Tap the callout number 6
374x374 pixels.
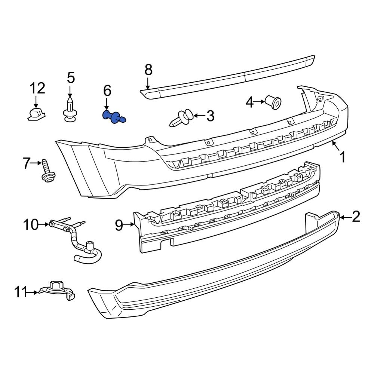tap(107, 90)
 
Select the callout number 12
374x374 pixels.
tap(37, 89)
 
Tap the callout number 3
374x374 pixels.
tap(210, 116)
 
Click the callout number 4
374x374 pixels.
tap(250, 102)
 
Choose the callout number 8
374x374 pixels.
tap(148, 70)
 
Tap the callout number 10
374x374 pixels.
tap(31, 225)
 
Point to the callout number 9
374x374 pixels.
tap(119, 225)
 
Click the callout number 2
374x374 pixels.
tap(355, 217)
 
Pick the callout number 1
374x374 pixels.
tap(342, 157)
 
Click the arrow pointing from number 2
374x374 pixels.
tap(345, 217)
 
